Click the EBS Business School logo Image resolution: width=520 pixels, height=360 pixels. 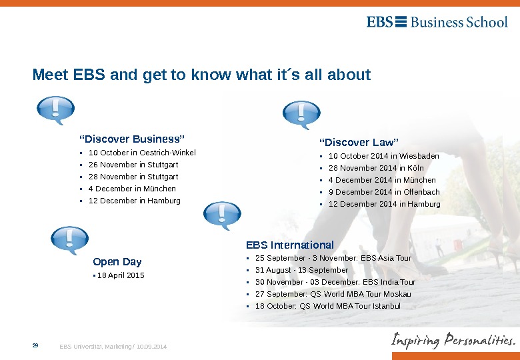point(437,22)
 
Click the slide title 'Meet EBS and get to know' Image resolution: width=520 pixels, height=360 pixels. point(201,74)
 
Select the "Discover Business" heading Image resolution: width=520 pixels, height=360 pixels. point(131,139)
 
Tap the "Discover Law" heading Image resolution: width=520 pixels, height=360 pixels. point(359,142)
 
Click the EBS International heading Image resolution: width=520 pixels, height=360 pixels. point(290,245)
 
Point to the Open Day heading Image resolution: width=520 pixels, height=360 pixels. point(117,261)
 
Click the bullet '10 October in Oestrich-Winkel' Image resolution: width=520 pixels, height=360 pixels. point(142,153)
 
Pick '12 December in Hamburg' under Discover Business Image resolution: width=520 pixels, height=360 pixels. point(134,201)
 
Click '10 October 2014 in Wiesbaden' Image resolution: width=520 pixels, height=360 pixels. point(383,156)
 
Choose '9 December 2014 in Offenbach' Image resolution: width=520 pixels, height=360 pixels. point(384,192)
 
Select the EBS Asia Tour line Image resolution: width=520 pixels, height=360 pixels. point(333,258)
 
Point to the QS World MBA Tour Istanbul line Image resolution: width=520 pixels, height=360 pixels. point(328,306)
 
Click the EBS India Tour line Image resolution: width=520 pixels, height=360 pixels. point(335,282)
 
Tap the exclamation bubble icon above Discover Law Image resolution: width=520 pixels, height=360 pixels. point(301,115)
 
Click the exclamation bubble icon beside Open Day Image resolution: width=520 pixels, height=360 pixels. point(69,240)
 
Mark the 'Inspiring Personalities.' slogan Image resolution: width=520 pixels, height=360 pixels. point(453,340)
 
